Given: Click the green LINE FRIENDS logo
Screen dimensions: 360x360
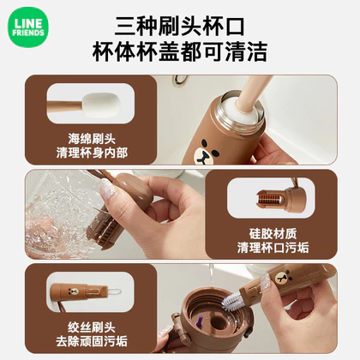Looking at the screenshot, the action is click(x=28, y=27).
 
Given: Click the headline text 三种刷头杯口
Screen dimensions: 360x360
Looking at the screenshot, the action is click(x=180, y=27).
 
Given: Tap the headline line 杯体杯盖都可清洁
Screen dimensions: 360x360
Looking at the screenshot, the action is click(x=180, y=52).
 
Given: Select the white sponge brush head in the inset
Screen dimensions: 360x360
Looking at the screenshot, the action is click(x=101, y=105).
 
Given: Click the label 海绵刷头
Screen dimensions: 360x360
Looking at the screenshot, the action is click(x=92, y=139).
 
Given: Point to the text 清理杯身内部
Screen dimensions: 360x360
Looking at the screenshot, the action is click(x=92, y=153).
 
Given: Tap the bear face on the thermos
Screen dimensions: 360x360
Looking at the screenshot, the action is click(x=206, y=152).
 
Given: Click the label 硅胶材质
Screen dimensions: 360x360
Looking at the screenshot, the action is click(x=273, y=234).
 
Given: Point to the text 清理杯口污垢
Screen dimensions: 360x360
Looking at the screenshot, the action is click(x=273, y=248).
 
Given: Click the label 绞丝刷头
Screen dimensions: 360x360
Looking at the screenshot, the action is click(x=92, y=327).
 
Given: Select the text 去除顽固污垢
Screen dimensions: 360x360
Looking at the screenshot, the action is click(x=92, y=341).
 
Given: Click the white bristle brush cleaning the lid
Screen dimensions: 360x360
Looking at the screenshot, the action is click(x=232, y=303).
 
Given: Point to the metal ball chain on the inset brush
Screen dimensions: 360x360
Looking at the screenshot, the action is click(x=114, y=291).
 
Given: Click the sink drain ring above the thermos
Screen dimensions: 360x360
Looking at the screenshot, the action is click(x=181, y=79).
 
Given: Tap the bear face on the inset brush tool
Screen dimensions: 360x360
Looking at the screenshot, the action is click(x=73, y=291).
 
